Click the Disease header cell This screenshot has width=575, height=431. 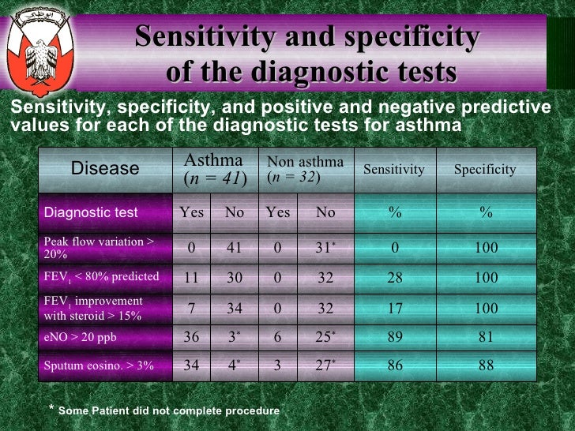tap(105, 168)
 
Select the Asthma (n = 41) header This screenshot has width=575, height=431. tap(215, 169)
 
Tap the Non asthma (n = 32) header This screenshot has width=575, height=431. tap(305, 169)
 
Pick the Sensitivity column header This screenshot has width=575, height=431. tap(393, 169)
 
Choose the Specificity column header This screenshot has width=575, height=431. tap(485, 169)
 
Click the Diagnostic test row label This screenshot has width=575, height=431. tap(91, 212)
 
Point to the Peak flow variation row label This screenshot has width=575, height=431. tap(99, 248)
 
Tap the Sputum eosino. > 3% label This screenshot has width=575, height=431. tap(99, 366)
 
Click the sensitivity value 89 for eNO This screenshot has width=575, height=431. tap(394, 337)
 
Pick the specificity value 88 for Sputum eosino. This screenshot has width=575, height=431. tap(486, 366)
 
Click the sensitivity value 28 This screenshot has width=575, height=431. tap(394, 278)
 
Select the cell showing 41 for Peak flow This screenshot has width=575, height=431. tap(234, 248)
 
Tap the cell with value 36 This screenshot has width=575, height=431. tap(192, 337)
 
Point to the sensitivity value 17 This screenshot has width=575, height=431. tap(394, 307)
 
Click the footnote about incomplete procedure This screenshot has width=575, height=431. tap(163, 410)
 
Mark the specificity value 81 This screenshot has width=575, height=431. tap(486, 337)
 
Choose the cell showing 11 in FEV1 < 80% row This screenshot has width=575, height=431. tap(192, 278)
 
